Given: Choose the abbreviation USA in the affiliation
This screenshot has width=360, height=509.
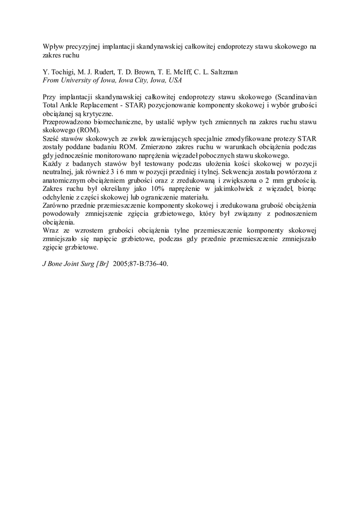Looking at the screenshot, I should tap(175, 80).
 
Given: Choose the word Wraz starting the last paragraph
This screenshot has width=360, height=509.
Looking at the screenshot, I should tap(51, 230).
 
